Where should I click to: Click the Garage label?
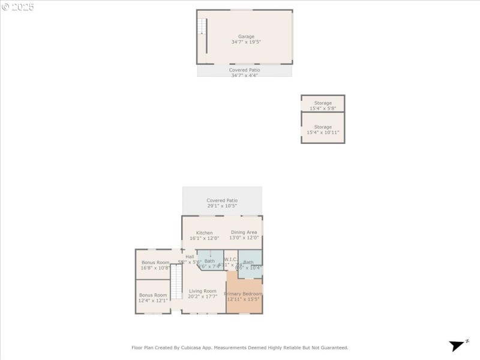click(246, 37)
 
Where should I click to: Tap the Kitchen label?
click(204, 233)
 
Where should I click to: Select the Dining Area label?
click(244, 232)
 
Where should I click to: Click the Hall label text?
click(190, 257)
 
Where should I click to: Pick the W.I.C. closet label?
click(231, 260)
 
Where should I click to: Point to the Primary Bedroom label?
click(243, 293)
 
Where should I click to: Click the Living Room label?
click(202, 291)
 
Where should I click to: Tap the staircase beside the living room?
click(176, 282)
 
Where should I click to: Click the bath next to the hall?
click(209, 261)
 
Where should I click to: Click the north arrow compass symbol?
click(458, 345)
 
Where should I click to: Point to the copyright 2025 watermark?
click(18, 7)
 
